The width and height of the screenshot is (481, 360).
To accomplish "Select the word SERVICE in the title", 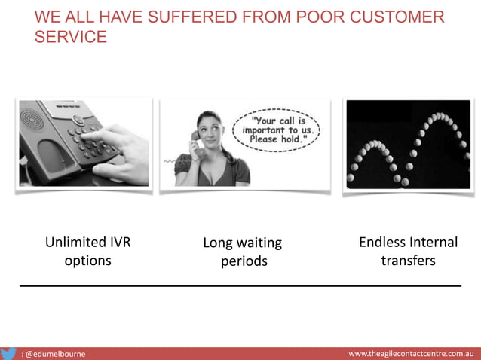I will pos(70,37).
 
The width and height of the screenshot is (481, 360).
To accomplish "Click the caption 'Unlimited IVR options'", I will pos(87,252).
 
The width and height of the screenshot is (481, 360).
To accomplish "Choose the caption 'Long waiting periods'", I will pos(243,252).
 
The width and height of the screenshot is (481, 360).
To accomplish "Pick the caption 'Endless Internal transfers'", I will pos(408,252).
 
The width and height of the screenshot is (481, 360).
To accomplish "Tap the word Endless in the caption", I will pos(381,243).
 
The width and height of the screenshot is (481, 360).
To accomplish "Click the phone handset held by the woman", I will pos(195,145).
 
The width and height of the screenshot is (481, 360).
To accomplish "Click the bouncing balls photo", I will pos(408,145).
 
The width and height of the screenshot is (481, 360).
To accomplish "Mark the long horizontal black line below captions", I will pos(240,286).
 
